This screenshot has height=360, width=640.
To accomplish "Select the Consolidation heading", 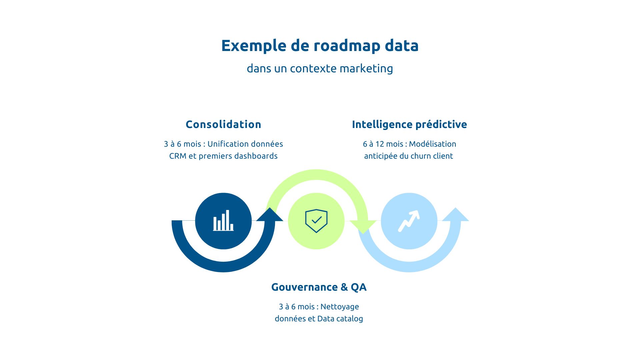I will [223, 124].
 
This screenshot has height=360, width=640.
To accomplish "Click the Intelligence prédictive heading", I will [409, 124].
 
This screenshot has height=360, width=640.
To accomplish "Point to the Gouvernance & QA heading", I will [319, 287].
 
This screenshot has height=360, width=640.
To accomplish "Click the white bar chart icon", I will [223, 221].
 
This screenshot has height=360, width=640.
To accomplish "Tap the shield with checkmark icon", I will [316, 221].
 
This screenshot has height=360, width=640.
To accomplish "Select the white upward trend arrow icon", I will [409, 221].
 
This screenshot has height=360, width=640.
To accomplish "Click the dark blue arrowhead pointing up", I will [270, 215].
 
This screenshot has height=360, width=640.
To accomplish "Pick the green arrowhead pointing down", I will [363, 227].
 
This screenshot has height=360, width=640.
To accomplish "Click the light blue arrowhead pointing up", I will [455, 215].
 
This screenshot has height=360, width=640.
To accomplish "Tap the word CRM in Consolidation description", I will [178, 156].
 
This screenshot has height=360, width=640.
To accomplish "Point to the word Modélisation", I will [432, 144].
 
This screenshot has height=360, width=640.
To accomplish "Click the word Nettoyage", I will [340, 307].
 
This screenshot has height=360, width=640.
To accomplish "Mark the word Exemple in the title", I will [254, 46].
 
